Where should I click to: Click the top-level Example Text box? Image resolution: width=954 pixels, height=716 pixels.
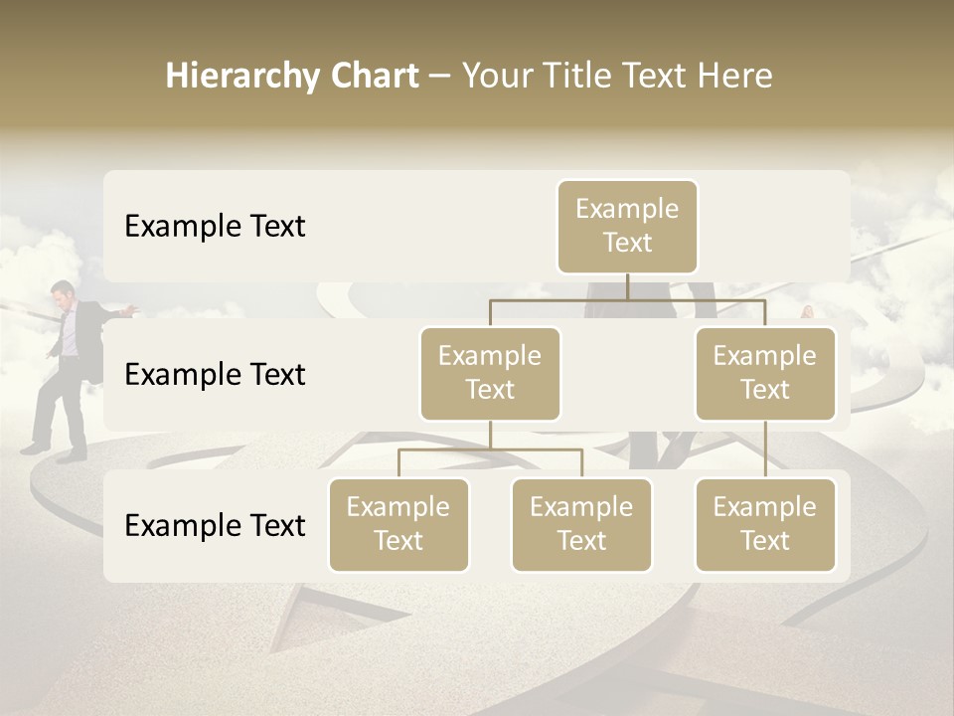[x=627, y=226]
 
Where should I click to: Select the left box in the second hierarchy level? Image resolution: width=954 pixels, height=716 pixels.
[x=490, y=373]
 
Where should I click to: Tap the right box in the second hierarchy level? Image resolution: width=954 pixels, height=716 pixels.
[x=765, y=373]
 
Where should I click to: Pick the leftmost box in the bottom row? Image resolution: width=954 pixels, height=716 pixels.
[x=398, y=524]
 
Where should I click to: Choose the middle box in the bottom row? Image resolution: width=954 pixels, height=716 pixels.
[x=581, y=524]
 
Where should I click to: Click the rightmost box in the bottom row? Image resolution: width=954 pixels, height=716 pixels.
[x=765, y=524]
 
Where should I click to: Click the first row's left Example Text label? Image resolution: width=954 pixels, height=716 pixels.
[x=215, y=227]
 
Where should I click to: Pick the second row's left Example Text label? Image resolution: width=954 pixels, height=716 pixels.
[x=215, y=375]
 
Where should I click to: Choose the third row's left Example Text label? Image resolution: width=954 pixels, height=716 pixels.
[x=215, y=526]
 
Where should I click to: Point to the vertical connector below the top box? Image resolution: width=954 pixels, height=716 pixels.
[x=627, y=286]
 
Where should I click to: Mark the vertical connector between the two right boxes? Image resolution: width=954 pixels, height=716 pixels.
[x=765, y=449]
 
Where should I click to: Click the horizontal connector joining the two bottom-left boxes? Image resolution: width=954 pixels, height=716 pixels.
[x=490, y=449]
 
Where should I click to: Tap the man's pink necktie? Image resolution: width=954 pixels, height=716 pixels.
[x=68, y=333]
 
